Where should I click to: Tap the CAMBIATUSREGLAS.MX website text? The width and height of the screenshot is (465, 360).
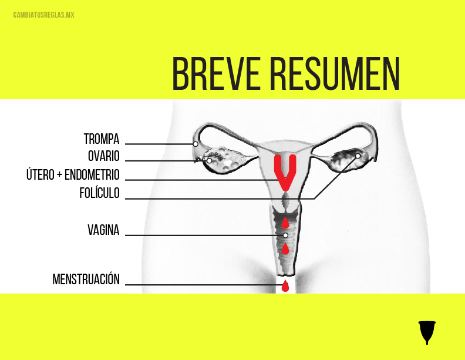tap(43, 14)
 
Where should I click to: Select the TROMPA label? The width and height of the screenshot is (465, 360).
tap(102, 139)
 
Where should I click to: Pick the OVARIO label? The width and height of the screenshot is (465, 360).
tap(103, 156)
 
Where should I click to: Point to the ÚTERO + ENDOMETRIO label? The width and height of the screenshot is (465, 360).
tap(73, 175)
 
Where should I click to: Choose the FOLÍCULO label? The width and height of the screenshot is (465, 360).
tap(99, 193)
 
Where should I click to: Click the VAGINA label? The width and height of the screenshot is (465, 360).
tap(103, 230)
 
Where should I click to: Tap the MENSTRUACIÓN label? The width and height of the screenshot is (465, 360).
tap(86, 280)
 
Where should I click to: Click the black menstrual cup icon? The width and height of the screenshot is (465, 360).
tap(428, 332)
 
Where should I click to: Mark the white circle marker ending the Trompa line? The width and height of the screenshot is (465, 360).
tap(196, 143)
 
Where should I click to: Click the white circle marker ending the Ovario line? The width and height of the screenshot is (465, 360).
tap(209, 160)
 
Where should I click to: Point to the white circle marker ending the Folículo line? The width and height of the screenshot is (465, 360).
tap(358, 156)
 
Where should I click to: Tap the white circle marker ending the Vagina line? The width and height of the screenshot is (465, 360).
tap(285, 235)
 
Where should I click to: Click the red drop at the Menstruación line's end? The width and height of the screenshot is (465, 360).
tap(285, 286)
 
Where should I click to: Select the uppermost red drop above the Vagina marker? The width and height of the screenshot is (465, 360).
tap(285, 222)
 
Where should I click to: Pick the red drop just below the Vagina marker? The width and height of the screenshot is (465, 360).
tap(285, 249)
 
